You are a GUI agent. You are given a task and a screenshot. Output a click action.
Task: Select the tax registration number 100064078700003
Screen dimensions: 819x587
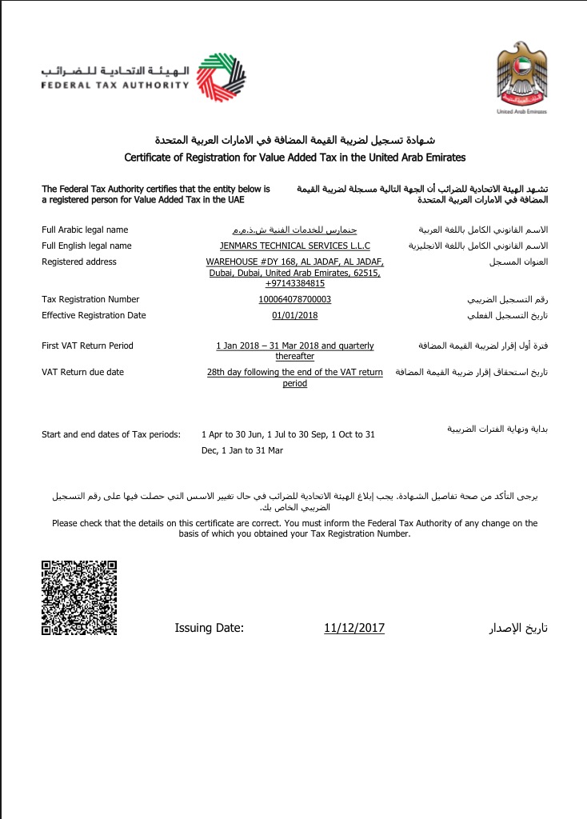pyautogui.click(x=294, y=299)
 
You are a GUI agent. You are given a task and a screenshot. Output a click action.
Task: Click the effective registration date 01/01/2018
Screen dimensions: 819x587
pyautogui.click(x=294, y=315)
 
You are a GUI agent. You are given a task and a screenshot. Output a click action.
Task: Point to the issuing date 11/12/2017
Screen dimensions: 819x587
pyautogui.click(x=354, y=628)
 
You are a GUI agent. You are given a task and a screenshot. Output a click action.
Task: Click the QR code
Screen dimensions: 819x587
pyautogui.click(x=79, y=597)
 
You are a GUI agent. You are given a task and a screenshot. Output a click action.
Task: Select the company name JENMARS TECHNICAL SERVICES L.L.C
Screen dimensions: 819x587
pyautogui.click(x=294, y=246)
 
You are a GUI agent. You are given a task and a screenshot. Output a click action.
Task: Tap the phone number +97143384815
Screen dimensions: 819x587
pyautogui.click(x=294, y=283)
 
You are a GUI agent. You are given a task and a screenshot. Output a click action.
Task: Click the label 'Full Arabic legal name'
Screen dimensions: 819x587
pyautogui.click(x=85, y=230)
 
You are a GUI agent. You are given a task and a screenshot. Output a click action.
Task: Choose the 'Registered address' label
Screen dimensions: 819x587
pyautogui.click(x=79, y=262)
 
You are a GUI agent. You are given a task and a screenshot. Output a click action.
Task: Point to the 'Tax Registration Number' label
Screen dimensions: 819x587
pyautogui.click(x=90, y=299)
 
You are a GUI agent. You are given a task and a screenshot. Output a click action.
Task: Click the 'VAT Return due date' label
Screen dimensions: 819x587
pyautogui.click(x=82, y=372)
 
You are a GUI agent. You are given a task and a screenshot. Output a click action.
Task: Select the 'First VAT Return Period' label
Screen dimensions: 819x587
pyautogui.click(x=87, y=346)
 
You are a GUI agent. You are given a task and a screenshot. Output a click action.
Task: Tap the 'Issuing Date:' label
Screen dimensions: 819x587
pyautogui.click(x=210, y=628)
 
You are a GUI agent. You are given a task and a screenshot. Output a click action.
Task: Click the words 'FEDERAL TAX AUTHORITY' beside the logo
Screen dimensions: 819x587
pyautogui.click(x=115, y=84)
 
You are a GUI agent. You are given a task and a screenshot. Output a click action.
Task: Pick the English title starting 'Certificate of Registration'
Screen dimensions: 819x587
pyautogui.click(x=294, y=158)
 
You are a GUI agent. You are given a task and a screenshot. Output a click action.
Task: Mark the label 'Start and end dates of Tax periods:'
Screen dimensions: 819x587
pyautogui.click(x=111, y=434)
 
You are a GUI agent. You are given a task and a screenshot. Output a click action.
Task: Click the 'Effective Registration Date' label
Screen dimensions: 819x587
pyautogui.click(x=94, y=315)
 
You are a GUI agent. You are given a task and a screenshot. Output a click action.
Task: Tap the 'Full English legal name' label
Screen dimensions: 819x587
pyautogui.click(x=86, y=246)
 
